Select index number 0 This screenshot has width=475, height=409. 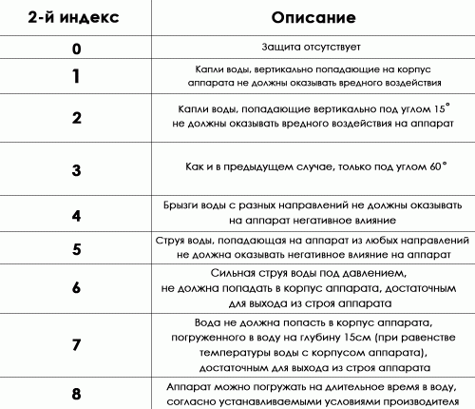76,46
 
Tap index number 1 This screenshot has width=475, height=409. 76,76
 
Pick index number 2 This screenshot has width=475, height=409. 76,118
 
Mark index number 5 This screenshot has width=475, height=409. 76,250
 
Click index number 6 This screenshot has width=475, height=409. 76,288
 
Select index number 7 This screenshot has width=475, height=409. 76,344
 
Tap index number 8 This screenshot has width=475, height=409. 76,393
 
